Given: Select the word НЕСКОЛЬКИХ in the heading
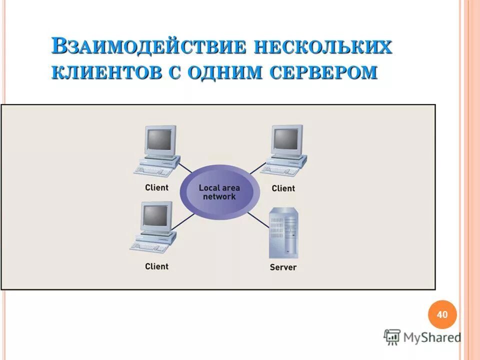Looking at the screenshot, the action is tap(323, 46).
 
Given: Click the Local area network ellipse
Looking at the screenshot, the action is tap(219, 192).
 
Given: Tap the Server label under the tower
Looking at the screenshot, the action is tap(283, 267).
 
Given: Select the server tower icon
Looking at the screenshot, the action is tap(283, 232).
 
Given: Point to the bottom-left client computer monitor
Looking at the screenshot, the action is tap(156, 216).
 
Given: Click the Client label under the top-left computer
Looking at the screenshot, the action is tap(156, 188).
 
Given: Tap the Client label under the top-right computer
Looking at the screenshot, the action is tap(283, 188).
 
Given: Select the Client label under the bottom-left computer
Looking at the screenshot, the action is tap(156, 266).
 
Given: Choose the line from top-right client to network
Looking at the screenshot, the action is tap(257, 168).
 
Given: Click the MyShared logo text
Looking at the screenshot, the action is tap(432, 337).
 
